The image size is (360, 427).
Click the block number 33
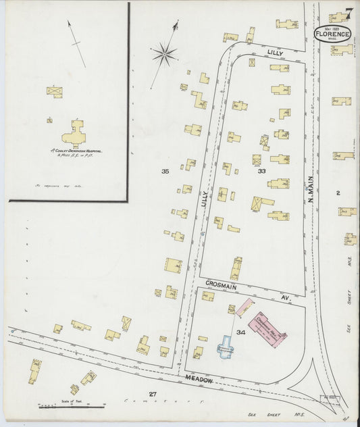click(261, 172)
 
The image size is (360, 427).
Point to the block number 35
click(165, 172)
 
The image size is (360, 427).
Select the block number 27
click(153, 393)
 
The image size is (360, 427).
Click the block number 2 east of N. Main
click(338, 193)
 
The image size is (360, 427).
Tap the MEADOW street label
click(200, 380)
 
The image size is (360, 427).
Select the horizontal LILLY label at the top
click(274, 52)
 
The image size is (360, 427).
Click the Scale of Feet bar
click(71, 406)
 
